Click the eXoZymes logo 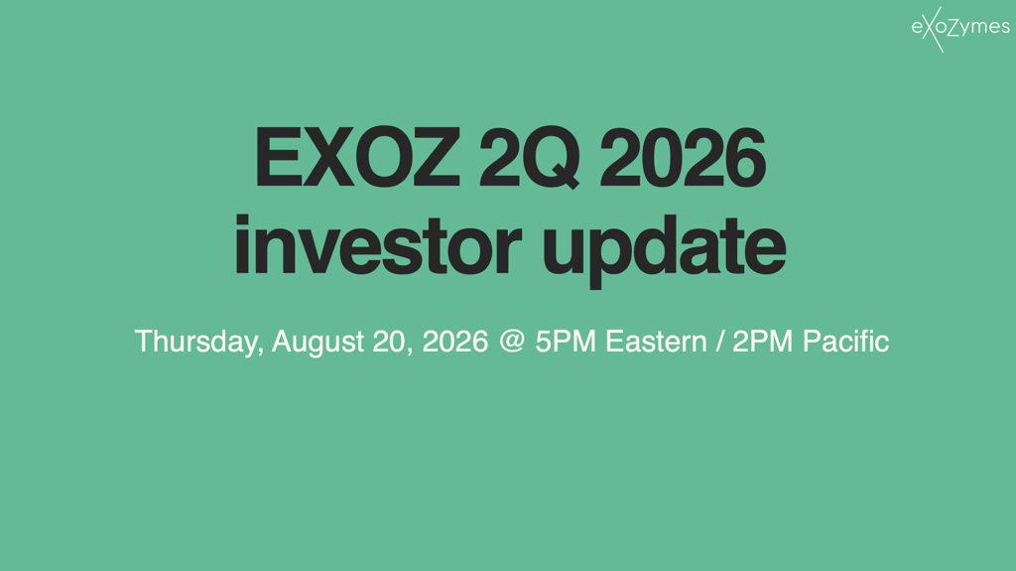(960, 29)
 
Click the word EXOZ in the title (357, 158)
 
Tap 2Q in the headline (530, 158)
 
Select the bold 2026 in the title (683, 158)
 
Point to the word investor (378, 245)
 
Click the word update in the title (664, 250)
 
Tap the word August (317, 342)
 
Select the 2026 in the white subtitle (454, 342)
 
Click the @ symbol (512, 341)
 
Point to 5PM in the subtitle (566, 342)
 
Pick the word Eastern (656, 342)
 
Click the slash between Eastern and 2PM (719, 342)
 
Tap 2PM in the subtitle (763, 342)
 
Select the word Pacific (845, 342)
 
